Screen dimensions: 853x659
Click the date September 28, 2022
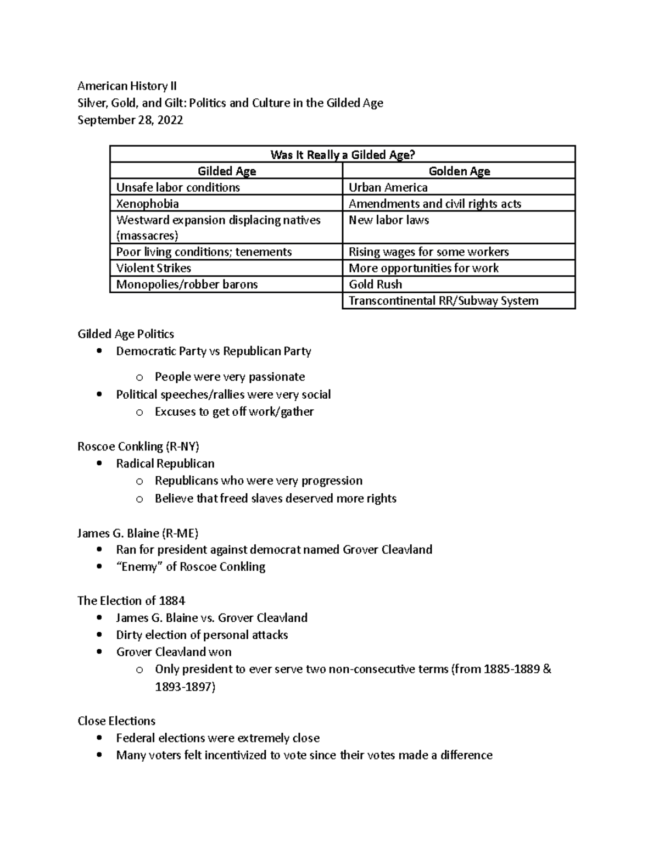(130, 120)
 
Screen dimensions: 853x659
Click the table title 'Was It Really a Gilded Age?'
(342, 155)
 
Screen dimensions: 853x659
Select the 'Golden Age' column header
(459, 171)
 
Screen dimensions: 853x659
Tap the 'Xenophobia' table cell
(148, 204)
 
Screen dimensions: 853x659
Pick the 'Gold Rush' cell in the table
(375, 285)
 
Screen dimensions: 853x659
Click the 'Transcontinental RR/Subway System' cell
(443, 301)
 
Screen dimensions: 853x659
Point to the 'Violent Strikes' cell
(154, 268)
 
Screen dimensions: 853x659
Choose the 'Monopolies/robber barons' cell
(187, 285)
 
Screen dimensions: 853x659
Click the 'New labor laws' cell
(389, 220)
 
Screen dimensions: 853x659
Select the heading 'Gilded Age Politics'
(126, 334)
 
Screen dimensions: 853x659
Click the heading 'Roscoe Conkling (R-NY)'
(138, 446)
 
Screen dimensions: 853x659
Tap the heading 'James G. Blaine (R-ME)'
(138, 533)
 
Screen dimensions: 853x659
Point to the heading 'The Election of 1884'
(131, 600)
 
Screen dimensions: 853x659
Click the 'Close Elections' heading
(116, 721)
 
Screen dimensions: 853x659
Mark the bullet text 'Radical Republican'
(165, 464)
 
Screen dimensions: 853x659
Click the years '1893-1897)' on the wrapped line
(185, 687)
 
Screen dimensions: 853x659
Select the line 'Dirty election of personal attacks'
(202, 635)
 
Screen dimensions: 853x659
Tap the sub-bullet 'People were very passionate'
(230, 377)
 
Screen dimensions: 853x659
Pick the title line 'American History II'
(127, 86)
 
